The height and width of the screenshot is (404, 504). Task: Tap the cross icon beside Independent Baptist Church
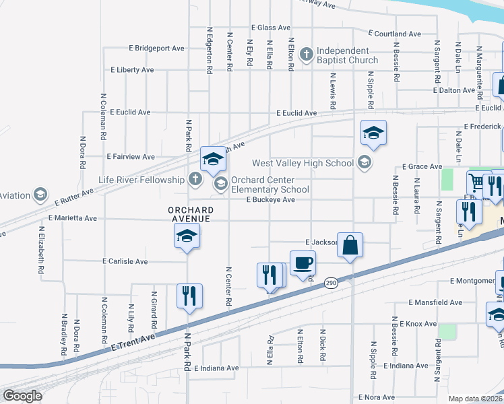coord(306,53)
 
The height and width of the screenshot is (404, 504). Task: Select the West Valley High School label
coord(303,163)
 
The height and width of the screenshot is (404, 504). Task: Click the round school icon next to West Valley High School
coord(365,162)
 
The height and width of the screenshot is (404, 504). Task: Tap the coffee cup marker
coord(303,261)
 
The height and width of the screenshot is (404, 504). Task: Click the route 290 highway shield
coord(330,283)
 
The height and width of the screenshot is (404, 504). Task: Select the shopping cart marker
coord(476,181)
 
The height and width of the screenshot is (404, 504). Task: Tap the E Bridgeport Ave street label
coord(157,48)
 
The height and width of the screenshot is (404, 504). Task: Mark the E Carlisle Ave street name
coord(125,261)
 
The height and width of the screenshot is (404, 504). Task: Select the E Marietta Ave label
coord(72,218)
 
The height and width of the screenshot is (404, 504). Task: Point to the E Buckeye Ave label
coord(270,200)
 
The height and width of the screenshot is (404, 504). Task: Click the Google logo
coord(22,396)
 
